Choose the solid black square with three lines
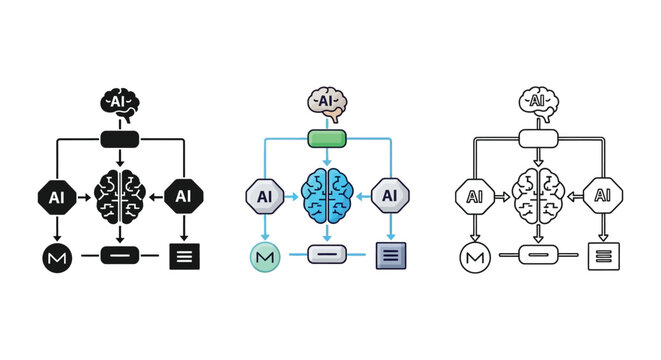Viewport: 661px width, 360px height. pyautogui.click(x=185, y=255)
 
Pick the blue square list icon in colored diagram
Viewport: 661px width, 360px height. pyautogui.click(x=390, y=255)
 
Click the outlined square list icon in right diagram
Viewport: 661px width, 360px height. pyautogui.click(x=604, y=255)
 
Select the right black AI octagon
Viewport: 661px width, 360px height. pyautogui.click(x=183, y=196)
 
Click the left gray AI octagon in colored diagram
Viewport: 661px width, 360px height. pyautogui.click(x=265, y=196)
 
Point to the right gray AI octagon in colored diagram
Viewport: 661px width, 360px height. pyautogui.click(x=391, y=196)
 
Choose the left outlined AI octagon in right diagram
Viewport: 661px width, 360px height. pyautogui.click(x=474, y=196)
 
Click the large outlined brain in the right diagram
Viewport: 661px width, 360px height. pyautogui.click(x=538, y=195)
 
